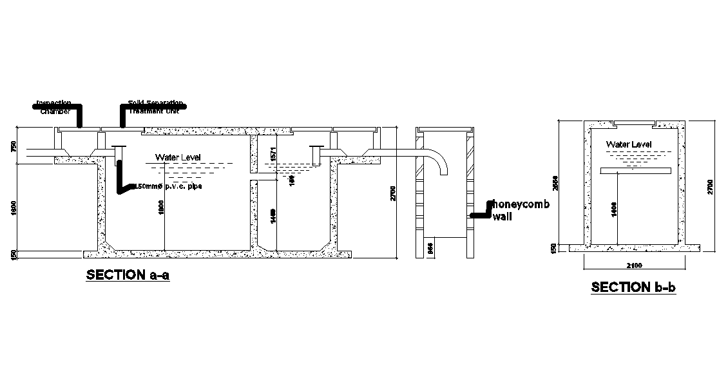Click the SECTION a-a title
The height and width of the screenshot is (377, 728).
point(128,275)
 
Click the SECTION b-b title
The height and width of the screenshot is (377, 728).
point(633,287)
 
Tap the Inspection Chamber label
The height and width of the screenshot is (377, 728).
point(53,106)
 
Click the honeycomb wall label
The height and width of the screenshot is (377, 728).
point(520,210)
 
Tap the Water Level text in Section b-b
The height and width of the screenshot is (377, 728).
point(629,144)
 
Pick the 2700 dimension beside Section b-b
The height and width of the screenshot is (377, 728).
point(710,186)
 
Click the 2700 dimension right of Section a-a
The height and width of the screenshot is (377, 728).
point(393,193)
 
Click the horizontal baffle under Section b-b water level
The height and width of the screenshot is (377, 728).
point(636,170)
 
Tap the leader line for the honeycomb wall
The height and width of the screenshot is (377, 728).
point(480,213)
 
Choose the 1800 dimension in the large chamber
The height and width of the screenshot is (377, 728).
point(162,208)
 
